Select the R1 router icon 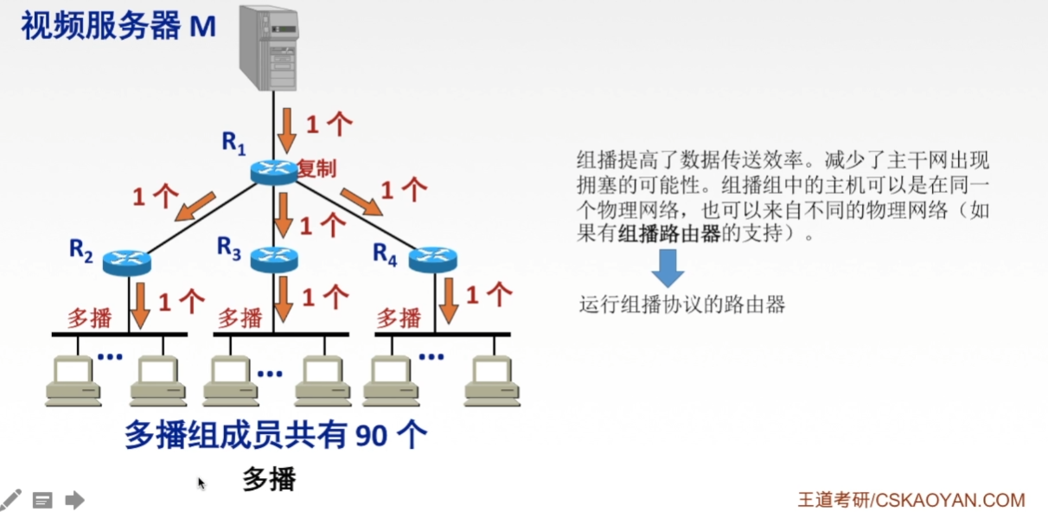(273, 170)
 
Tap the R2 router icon (126, 261)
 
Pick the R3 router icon (273, 257)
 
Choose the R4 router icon (432, 258)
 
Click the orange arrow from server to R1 (286, 130)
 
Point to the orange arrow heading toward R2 (195, 207)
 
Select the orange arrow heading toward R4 (361, 201)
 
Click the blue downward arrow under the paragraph (667, 267)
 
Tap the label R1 (233, 143)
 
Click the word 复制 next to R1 (316, 169)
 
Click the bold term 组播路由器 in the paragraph (670, 234)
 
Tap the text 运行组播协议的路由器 (682, 304)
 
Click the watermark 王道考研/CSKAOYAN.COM (911, 500)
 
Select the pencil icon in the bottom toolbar (10, 499)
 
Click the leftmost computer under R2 (73, 381)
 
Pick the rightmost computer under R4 (492, 381)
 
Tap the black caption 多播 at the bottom (269, 478)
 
